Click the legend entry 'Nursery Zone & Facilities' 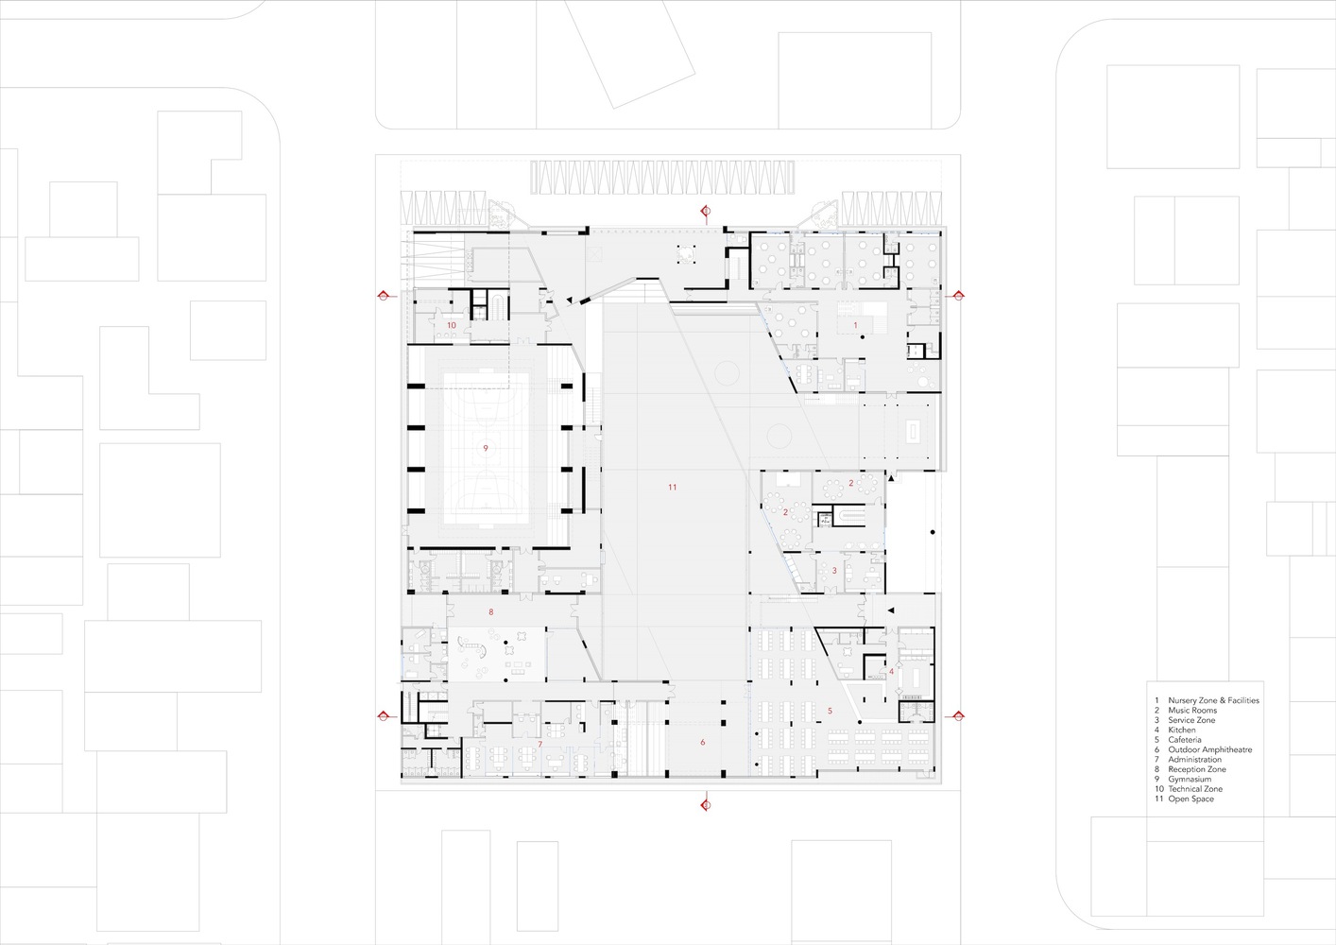click(1213, 700)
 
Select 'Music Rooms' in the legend click(1192, 711)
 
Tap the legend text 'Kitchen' click(1181, 730)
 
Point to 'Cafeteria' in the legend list click(1185, 740)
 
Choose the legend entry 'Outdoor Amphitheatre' click(1209, 750)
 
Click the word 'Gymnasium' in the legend click(1189, 780)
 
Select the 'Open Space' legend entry click(1190, 799)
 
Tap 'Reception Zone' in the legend click(1196, 769)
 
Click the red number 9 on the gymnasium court click(486, 448)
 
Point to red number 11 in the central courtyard click(672, 488)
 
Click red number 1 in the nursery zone click(856, 325)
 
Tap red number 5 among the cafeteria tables click(830, 711)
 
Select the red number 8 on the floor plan click(491, 612)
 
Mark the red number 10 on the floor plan click(451, 325)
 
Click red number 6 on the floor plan click(702, 743)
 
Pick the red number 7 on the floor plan click(540, 745)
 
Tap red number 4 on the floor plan click(891, 672)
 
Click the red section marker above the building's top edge click(704, 210)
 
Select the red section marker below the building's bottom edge click(704, 804)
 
